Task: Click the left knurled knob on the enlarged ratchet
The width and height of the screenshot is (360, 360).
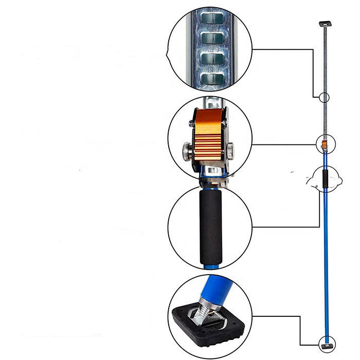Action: (185, 150)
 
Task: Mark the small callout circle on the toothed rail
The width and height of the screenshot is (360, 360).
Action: (324, 97)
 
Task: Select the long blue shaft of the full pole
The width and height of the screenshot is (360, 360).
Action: (325, 257)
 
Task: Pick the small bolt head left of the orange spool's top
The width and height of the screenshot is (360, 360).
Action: (194, 114)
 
